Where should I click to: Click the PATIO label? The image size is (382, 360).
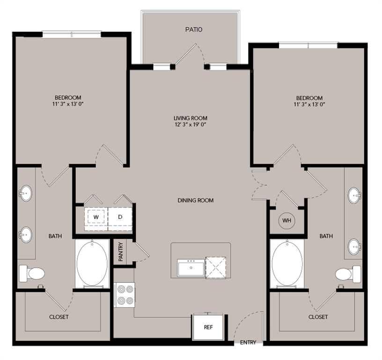point(193,30)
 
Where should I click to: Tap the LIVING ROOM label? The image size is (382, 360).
point(190,118)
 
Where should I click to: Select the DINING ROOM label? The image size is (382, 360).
point(195,200)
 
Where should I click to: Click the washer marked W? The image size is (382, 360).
point(96,217)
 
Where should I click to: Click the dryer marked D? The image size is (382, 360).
point(120,217)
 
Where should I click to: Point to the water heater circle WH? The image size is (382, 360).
point(286,220)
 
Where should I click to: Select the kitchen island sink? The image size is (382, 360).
point(191,268)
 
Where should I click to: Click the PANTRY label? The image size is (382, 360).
point(121,252)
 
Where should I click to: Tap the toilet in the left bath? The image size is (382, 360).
point(31,272)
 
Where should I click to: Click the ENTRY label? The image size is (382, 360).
point(248,343)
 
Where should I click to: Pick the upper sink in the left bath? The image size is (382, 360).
point(25,193)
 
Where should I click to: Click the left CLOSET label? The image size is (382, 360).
point(59,317)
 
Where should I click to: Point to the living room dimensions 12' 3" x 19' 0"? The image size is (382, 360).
point(190,125)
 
